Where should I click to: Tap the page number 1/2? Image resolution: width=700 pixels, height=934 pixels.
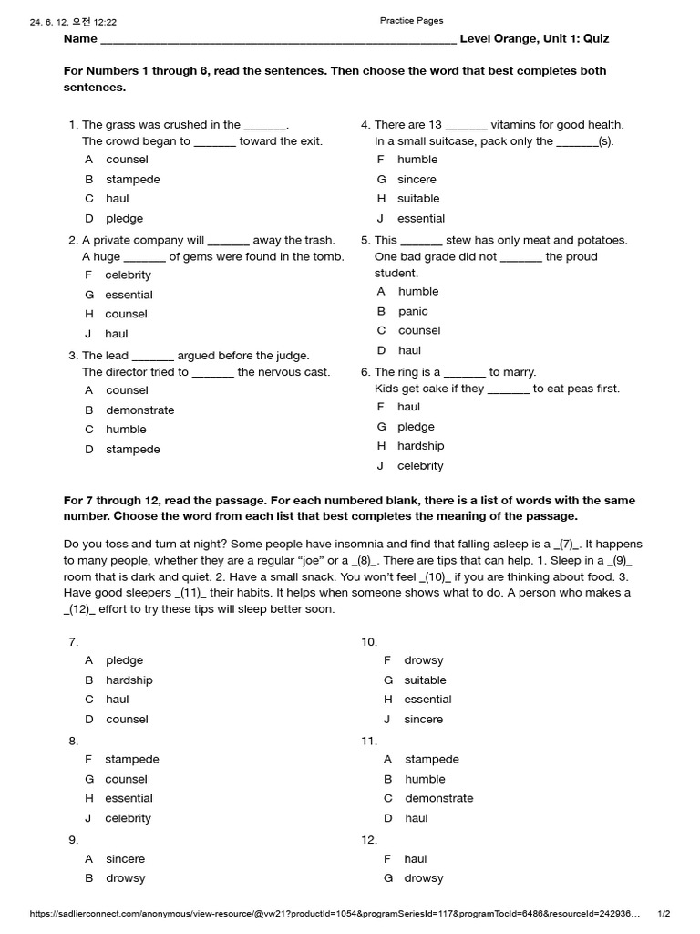tap(664, 913)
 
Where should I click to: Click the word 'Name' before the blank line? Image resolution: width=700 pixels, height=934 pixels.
tap(80, 39)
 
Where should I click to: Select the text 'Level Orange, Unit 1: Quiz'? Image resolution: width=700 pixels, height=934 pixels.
tap(534, 39)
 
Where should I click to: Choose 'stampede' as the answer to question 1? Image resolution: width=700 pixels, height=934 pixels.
tap(132, 180)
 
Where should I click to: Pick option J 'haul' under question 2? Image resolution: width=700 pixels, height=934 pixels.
tap(116, 334)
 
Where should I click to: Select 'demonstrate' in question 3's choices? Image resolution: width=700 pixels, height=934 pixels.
tap(139, 410)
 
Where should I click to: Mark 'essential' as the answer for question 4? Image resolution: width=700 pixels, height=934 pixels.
tap(420, 219)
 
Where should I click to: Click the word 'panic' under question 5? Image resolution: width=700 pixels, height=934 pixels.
tap(412, 312)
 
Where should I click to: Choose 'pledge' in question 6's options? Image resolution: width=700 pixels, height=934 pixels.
tap(416, 427)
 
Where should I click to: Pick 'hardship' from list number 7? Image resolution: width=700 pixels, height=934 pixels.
tap(129, 680)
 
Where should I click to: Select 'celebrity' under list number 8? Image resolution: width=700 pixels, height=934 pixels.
tap(128, 818)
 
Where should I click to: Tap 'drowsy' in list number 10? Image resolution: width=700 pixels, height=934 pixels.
tap(423, 660)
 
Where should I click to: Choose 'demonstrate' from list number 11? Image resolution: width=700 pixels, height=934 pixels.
tap(438, 798)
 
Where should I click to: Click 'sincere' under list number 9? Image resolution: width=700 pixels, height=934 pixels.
tap(125, 859)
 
